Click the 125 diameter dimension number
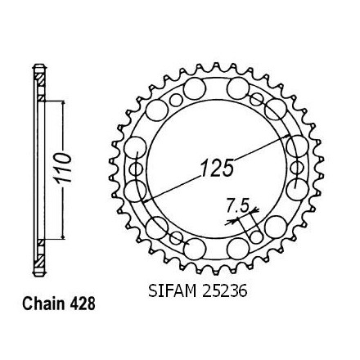point(218,168)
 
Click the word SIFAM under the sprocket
point(173,290)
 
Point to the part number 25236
point(223,290)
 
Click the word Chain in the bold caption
point(43,304)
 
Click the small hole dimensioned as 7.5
point(256,236)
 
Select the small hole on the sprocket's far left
point(136,169)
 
